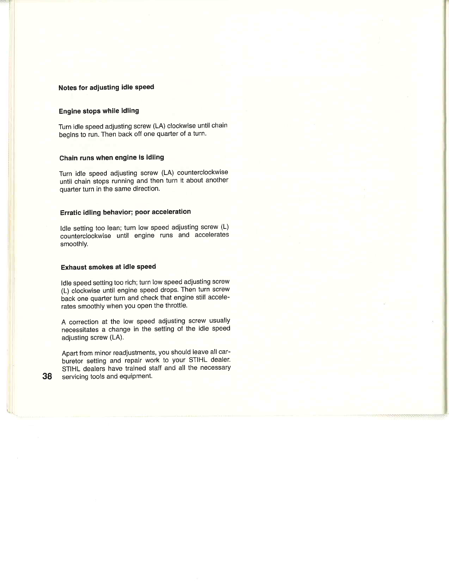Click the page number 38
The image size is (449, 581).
[47, 376]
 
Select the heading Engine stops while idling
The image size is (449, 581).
[99, 111]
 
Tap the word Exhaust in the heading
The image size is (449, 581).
[74, 267]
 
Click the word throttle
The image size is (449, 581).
[176, 305]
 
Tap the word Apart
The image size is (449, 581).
[69, 353]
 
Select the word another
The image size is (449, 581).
[217, 180]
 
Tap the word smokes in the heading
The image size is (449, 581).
[101, 267]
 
